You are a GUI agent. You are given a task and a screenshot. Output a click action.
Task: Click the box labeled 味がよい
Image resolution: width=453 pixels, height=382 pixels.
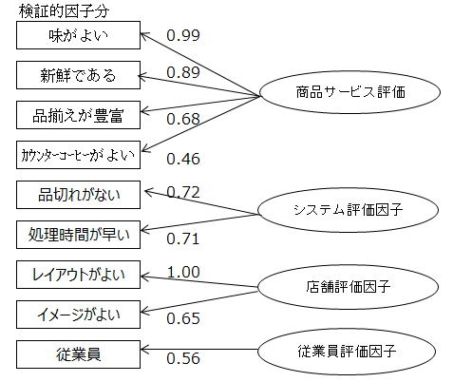[78, 35]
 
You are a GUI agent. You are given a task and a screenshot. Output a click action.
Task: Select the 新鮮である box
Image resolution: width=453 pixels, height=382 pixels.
[78, 75]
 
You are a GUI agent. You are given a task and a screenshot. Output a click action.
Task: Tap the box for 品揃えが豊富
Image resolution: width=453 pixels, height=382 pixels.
[78, 115]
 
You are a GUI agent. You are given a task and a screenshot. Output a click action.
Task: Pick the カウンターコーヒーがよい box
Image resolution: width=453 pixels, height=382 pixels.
[78, 155]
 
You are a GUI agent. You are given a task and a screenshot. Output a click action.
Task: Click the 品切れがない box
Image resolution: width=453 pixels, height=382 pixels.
[78, 195]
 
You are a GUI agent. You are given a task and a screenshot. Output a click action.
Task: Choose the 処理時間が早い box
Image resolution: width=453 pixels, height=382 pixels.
[78, 235]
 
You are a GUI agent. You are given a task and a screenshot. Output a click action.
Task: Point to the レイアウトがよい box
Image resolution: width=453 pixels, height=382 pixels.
[78, 275]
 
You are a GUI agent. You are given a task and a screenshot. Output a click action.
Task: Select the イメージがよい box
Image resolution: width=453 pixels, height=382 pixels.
[78, 315]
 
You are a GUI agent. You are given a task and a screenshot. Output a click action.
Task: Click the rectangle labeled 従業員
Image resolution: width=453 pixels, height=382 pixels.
[78, 354]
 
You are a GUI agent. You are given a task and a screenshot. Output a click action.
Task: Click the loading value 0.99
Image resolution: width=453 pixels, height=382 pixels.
[183, 35]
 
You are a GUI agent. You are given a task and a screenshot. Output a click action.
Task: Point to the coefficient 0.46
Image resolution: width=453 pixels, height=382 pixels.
[183, 159]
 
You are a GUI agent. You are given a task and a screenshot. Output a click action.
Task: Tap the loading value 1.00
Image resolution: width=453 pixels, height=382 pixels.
[183, 272]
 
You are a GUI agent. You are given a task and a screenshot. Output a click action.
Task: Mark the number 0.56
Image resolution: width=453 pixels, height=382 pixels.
[183, 358]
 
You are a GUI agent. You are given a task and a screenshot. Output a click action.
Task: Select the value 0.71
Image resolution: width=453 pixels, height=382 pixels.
[183, 239]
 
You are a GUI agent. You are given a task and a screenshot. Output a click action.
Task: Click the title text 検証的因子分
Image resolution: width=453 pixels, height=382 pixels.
[64, 11]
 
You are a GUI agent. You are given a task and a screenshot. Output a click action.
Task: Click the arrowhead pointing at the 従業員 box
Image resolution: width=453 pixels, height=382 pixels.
[143, 350]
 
